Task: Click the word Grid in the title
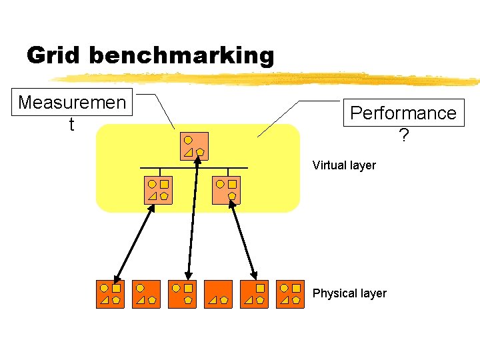[x=54, y=55]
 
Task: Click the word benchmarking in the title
[x=181, y=56]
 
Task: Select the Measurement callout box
[x=72, y=112]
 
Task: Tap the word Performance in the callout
[x=403, y=113]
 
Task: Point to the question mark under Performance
[x=403, y=135]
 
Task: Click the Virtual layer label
[x=344, y=165]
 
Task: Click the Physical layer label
[x=349, y=293]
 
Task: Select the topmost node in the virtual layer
[x=194, y=146]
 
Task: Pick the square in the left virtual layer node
[x=164, y=183]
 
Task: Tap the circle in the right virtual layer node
[x=219, y=183]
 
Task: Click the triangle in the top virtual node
[x=188, y=153]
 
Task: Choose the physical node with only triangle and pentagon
[x=218, y=294]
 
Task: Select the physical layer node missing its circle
[x=254, y=294]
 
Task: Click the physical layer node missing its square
[x=146, y=294]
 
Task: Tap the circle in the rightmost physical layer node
[x=283, y=288]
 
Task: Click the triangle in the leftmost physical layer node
[x=104, y=301]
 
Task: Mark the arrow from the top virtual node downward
[x=193, y=220]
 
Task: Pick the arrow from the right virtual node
[x=243, y=240]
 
